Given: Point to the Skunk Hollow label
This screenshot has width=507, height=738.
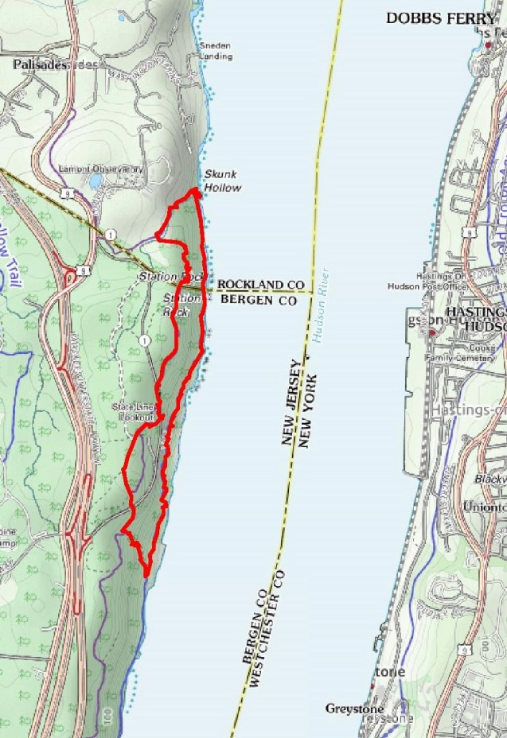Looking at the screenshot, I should [x=222, y=181].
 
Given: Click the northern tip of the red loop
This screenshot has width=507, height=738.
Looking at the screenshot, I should [x=194, y=192].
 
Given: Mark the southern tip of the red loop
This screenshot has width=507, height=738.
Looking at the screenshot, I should [x=147, y=571].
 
